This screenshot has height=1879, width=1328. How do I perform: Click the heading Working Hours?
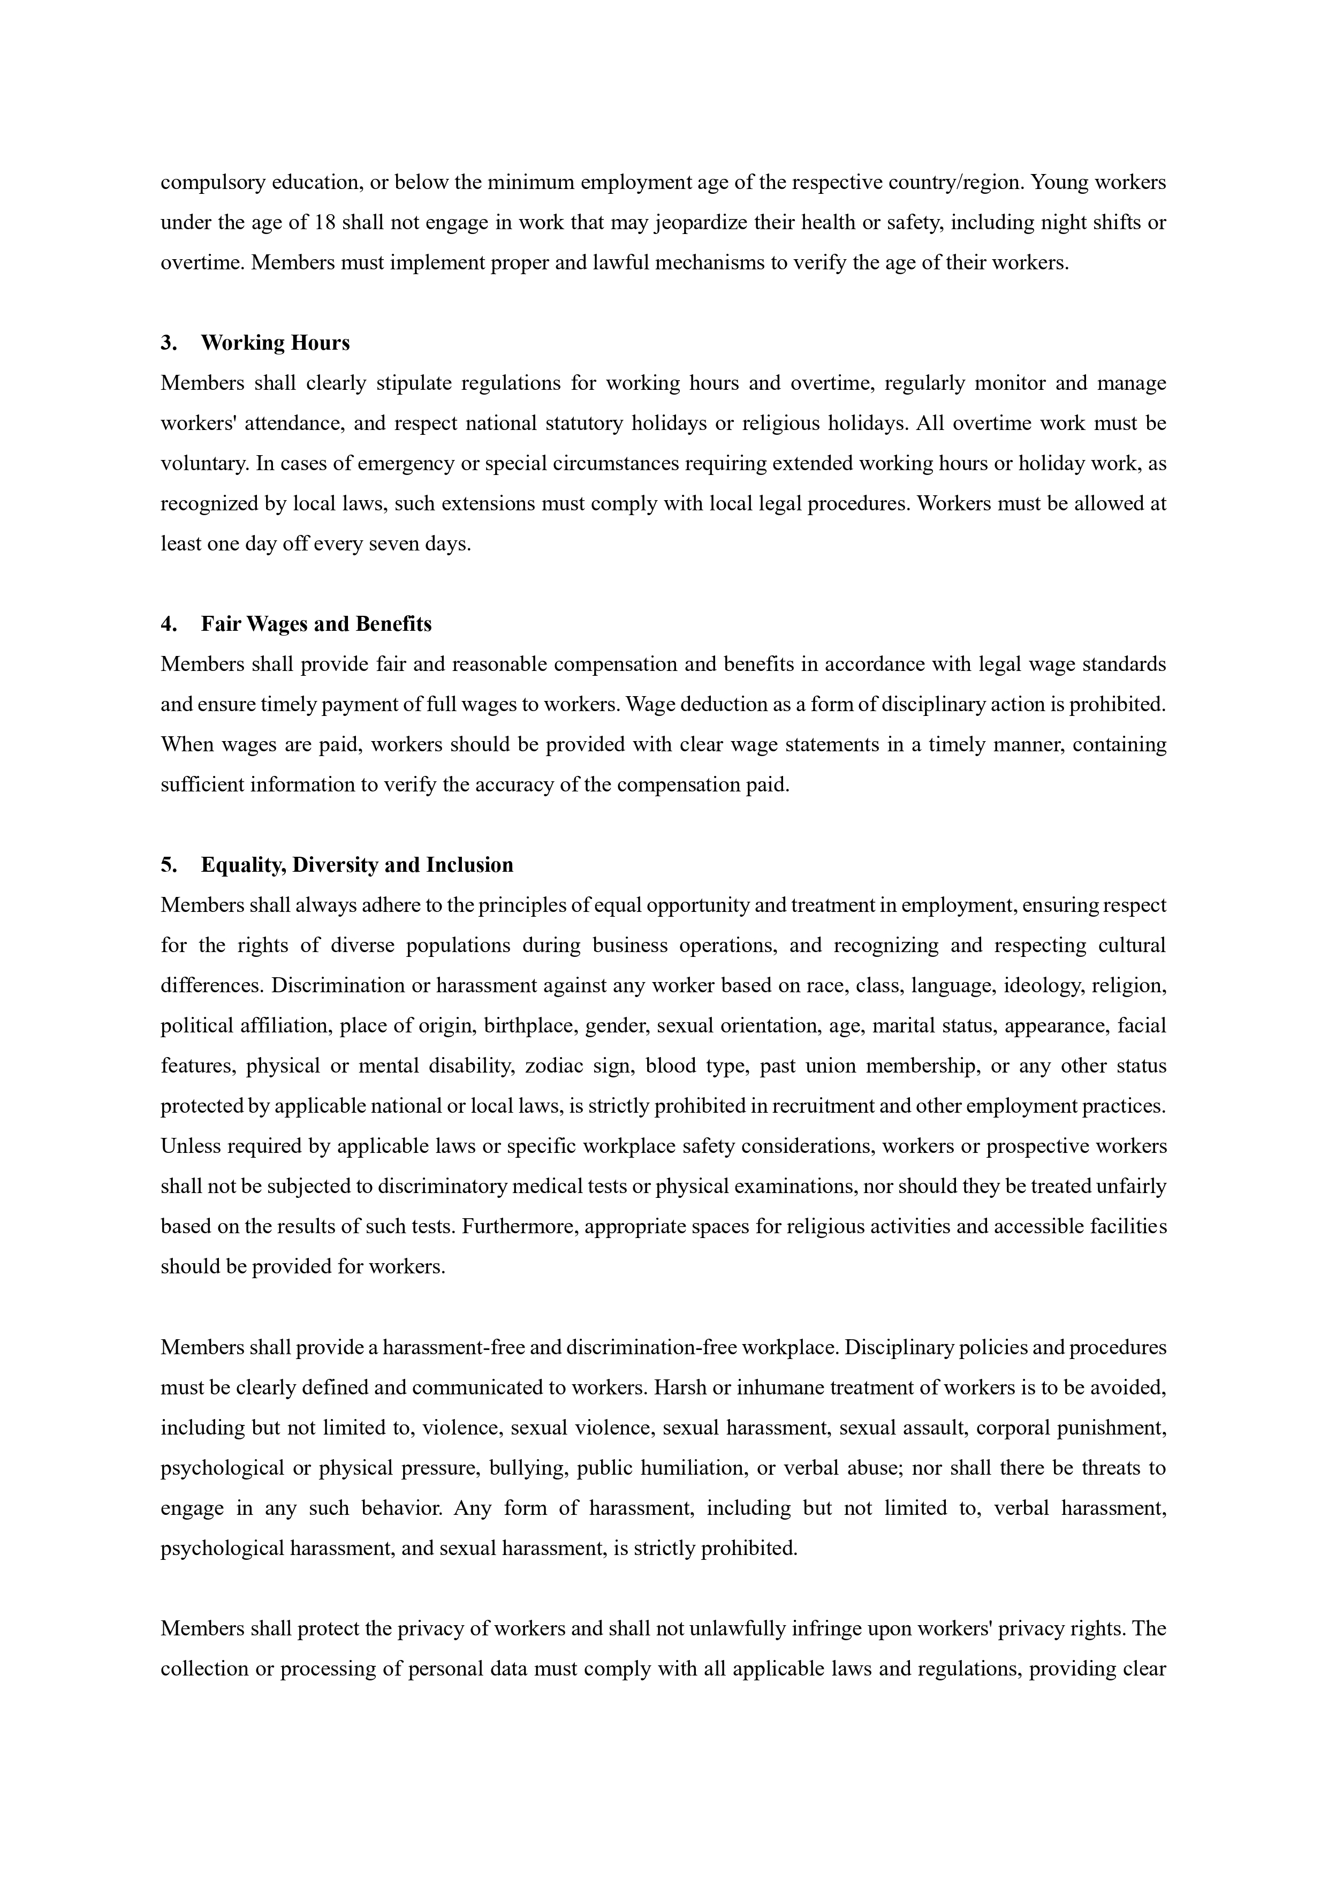tap(275, 343)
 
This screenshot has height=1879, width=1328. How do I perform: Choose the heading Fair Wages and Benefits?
tap(316, 624)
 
